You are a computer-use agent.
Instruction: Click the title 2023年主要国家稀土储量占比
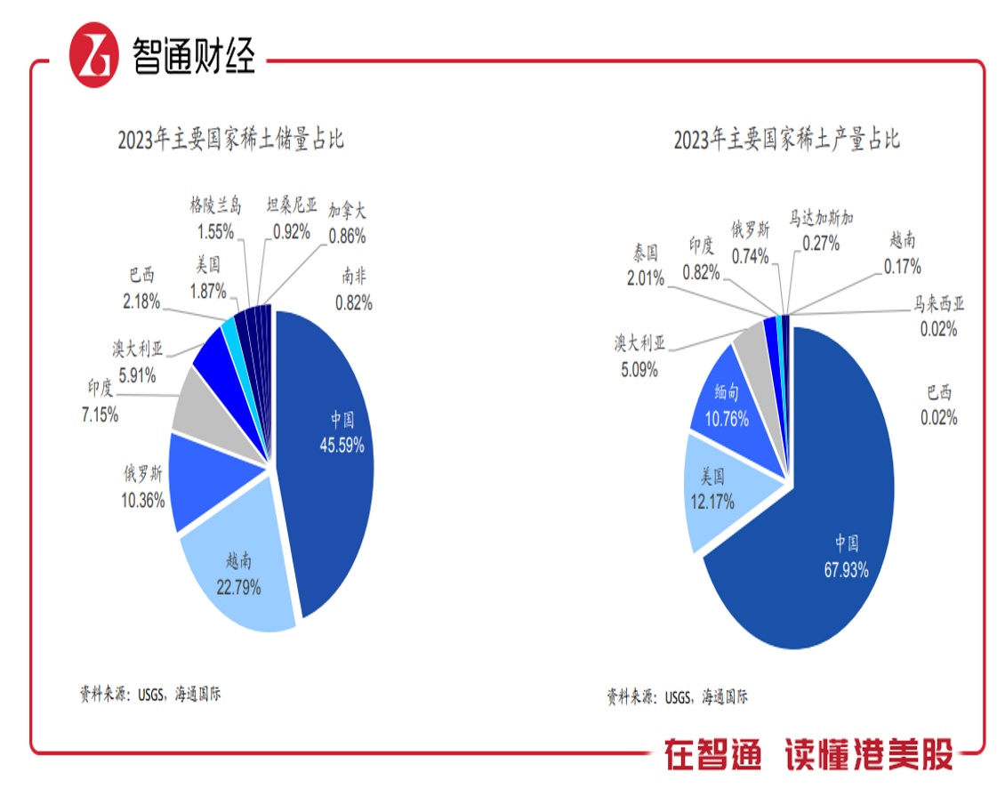click(230, 140)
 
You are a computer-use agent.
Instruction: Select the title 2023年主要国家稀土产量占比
click(786, 140)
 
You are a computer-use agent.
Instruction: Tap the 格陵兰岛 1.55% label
click(215, 219)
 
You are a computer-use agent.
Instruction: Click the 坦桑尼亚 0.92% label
click(292, 219)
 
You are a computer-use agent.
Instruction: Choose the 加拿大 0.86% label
click(347, 224)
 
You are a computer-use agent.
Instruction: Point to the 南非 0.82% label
click(353, 291)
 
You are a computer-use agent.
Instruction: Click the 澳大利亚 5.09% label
click(639, 356)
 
